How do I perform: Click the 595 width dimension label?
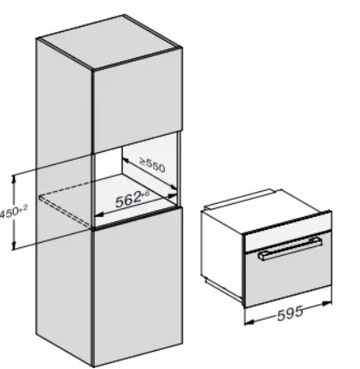point(290,313)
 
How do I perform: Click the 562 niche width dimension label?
point(132,199)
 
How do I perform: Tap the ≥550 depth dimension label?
point(153,164)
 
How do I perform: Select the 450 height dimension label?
point(13,212)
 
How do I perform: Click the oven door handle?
point(290,248)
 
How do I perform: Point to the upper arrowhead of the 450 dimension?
point(14,179)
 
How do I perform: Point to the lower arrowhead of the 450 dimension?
point(14,245)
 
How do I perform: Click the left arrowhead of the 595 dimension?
point(249,321)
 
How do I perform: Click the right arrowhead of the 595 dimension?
point(326,303)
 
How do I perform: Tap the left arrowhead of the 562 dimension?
point(99,215)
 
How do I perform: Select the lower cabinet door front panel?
point(138,285)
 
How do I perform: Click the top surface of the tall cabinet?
point(110,42)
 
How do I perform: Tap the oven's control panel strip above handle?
point(287,234)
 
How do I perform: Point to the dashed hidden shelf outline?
point(66,210)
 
